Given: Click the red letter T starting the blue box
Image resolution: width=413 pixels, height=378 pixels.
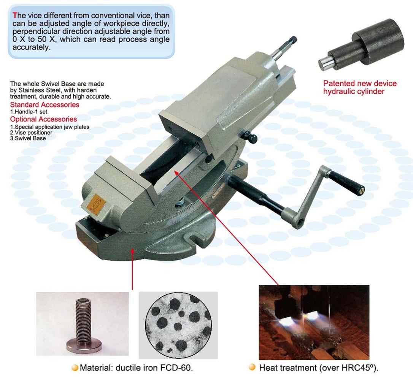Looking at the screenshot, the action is coord(15,15).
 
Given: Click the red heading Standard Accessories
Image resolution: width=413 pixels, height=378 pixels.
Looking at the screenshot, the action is coord(44,105).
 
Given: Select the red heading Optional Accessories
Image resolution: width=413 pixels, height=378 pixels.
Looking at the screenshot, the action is coord(43,119).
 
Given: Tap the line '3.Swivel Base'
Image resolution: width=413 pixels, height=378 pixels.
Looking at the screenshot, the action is coord(28,138).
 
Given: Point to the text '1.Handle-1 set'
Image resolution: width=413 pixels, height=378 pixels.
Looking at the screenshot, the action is coord(29,112).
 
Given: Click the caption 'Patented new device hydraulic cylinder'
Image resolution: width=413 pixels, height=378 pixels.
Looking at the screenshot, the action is coord(360,87).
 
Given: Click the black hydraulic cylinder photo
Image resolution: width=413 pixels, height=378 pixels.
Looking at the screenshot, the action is coord(361,45).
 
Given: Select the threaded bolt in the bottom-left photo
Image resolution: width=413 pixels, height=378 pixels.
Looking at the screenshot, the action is coord(84,325).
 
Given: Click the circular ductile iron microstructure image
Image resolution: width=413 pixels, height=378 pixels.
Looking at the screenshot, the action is coord(178,326).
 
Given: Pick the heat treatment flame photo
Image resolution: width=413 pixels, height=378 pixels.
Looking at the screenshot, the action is coord(314,322).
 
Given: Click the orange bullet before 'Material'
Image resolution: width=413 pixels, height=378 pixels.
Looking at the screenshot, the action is coord(75,368).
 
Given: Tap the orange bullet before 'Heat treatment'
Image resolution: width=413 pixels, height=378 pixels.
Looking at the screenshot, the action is coord(253,367).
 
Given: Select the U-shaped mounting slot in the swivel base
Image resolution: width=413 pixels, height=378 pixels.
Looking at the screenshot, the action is coord(195,236).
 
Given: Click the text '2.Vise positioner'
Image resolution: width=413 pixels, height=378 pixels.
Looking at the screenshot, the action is coord(31,133).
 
